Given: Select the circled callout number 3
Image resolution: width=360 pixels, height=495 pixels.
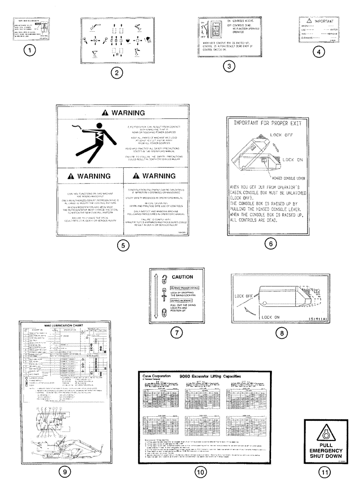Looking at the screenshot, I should click(228, 64).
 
